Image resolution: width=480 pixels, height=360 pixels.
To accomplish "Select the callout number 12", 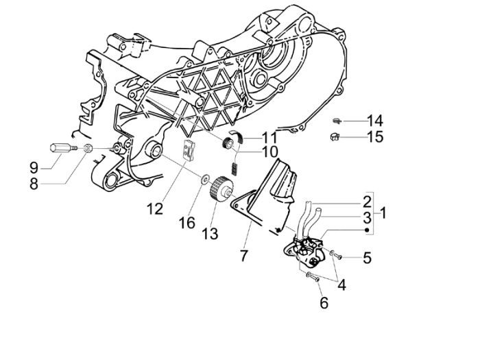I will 156,208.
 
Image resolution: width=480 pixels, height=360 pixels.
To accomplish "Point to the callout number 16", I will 187,222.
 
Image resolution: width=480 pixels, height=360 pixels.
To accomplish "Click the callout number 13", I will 210,234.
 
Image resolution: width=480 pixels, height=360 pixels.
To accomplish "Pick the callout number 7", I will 243,256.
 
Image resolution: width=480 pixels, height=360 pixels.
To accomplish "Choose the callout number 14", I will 374,121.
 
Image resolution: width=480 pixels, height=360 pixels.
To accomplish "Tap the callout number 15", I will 374,137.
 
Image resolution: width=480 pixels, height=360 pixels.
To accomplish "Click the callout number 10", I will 250,151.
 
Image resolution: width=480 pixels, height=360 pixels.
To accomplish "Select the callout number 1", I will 383,213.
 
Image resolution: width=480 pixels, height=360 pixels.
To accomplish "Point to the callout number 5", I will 367,258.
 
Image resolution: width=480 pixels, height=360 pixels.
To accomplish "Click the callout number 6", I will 322,302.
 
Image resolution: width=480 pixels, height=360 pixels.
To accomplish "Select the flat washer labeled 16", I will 204,180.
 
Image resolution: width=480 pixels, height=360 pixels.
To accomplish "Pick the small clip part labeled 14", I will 337,121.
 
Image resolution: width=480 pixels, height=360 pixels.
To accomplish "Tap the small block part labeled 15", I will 335,136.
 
